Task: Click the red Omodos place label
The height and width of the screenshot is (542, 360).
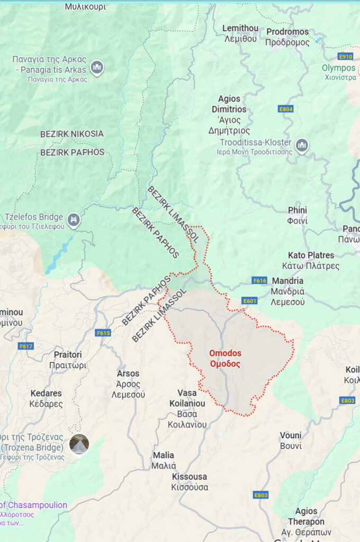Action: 225,358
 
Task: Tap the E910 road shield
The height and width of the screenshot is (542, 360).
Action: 345,56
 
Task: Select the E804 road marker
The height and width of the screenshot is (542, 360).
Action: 285,109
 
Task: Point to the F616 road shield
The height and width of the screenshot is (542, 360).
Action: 259,281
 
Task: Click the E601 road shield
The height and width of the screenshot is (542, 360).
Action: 249,301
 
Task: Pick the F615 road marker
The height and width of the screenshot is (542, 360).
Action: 103,333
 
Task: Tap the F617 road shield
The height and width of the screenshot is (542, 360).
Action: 25,346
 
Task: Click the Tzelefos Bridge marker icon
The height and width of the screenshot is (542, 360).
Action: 74,218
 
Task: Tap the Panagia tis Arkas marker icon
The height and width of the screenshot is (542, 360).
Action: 96,67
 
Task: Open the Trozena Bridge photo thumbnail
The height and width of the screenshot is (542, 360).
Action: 79,444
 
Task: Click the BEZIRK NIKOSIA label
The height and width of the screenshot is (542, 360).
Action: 72,134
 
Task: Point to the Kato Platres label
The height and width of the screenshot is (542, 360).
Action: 310,260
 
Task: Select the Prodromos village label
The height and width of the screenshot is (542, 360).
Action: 287,37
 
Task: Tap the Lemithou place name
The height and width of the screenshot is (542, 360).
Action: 240,33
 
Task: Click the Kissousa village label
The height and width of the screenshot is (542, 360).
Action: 190,482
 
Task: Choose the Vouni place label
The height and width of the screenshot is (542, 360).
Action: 291,440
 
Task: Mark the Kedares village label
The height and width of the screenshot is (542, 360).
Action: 46,399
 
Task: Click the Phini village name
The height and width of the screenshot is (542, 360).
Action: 298,215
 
